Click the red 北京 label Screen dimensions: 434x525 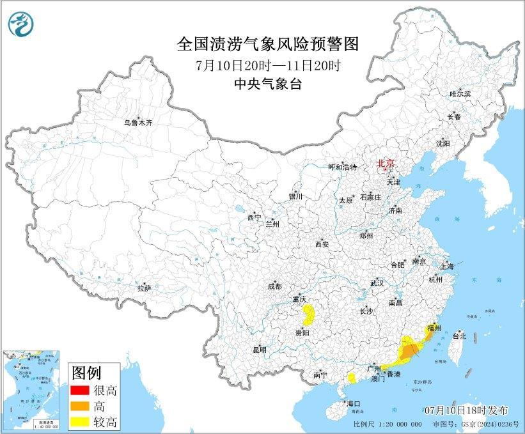(385, 163)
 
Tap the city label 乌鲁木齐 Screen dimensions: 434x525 (139, 121)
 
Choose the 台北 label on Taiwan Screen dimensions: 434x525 (459, 336)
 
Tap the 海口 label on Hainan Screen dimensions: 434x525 (354, 404)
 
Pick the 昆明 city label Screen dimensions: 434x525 (259, 350)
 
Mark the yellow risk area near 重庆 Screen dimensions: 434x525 (308, 314)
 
